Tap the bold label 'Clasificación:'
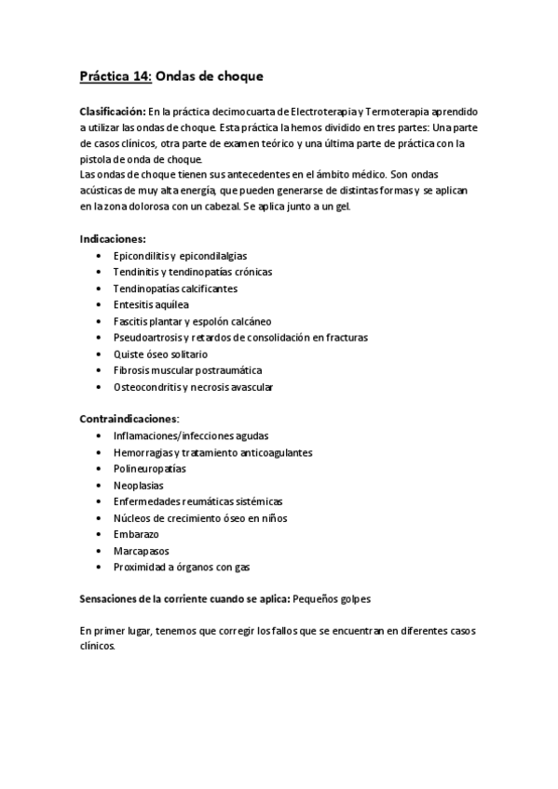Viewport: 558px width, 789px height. pyautogui.click(x=113, y=111)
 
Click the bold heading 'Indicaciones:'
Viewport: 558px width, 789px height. pyautogui.click(x=113, y=238)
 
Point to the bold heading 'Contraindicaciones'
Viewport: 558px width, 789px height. pyautogui.click(x=129, y=420)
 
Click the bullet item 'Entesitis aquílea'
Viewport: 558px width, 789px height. pyautogui.click(x=151, y=304)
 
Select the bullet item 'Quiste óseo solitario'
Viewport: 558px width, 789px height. pyautogui.click(x=160, y=354)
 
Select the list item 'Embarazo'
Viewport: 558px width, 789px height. pyautogui.click(x=136, y=535)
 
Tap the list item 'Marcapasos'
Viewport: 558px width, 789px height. pyautogui.click(x=142, y=551)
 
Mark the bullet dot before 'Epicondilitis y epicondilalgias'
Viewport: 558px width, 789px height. pyautogui.click(x=100, y=255)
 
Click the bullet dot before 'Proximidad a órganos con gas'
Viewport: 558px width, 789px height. pyautogui.click(x=100, y=568)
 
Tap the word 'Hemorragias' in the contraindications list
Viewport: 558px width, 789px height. pyautogui.click(x=142, y=452)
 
